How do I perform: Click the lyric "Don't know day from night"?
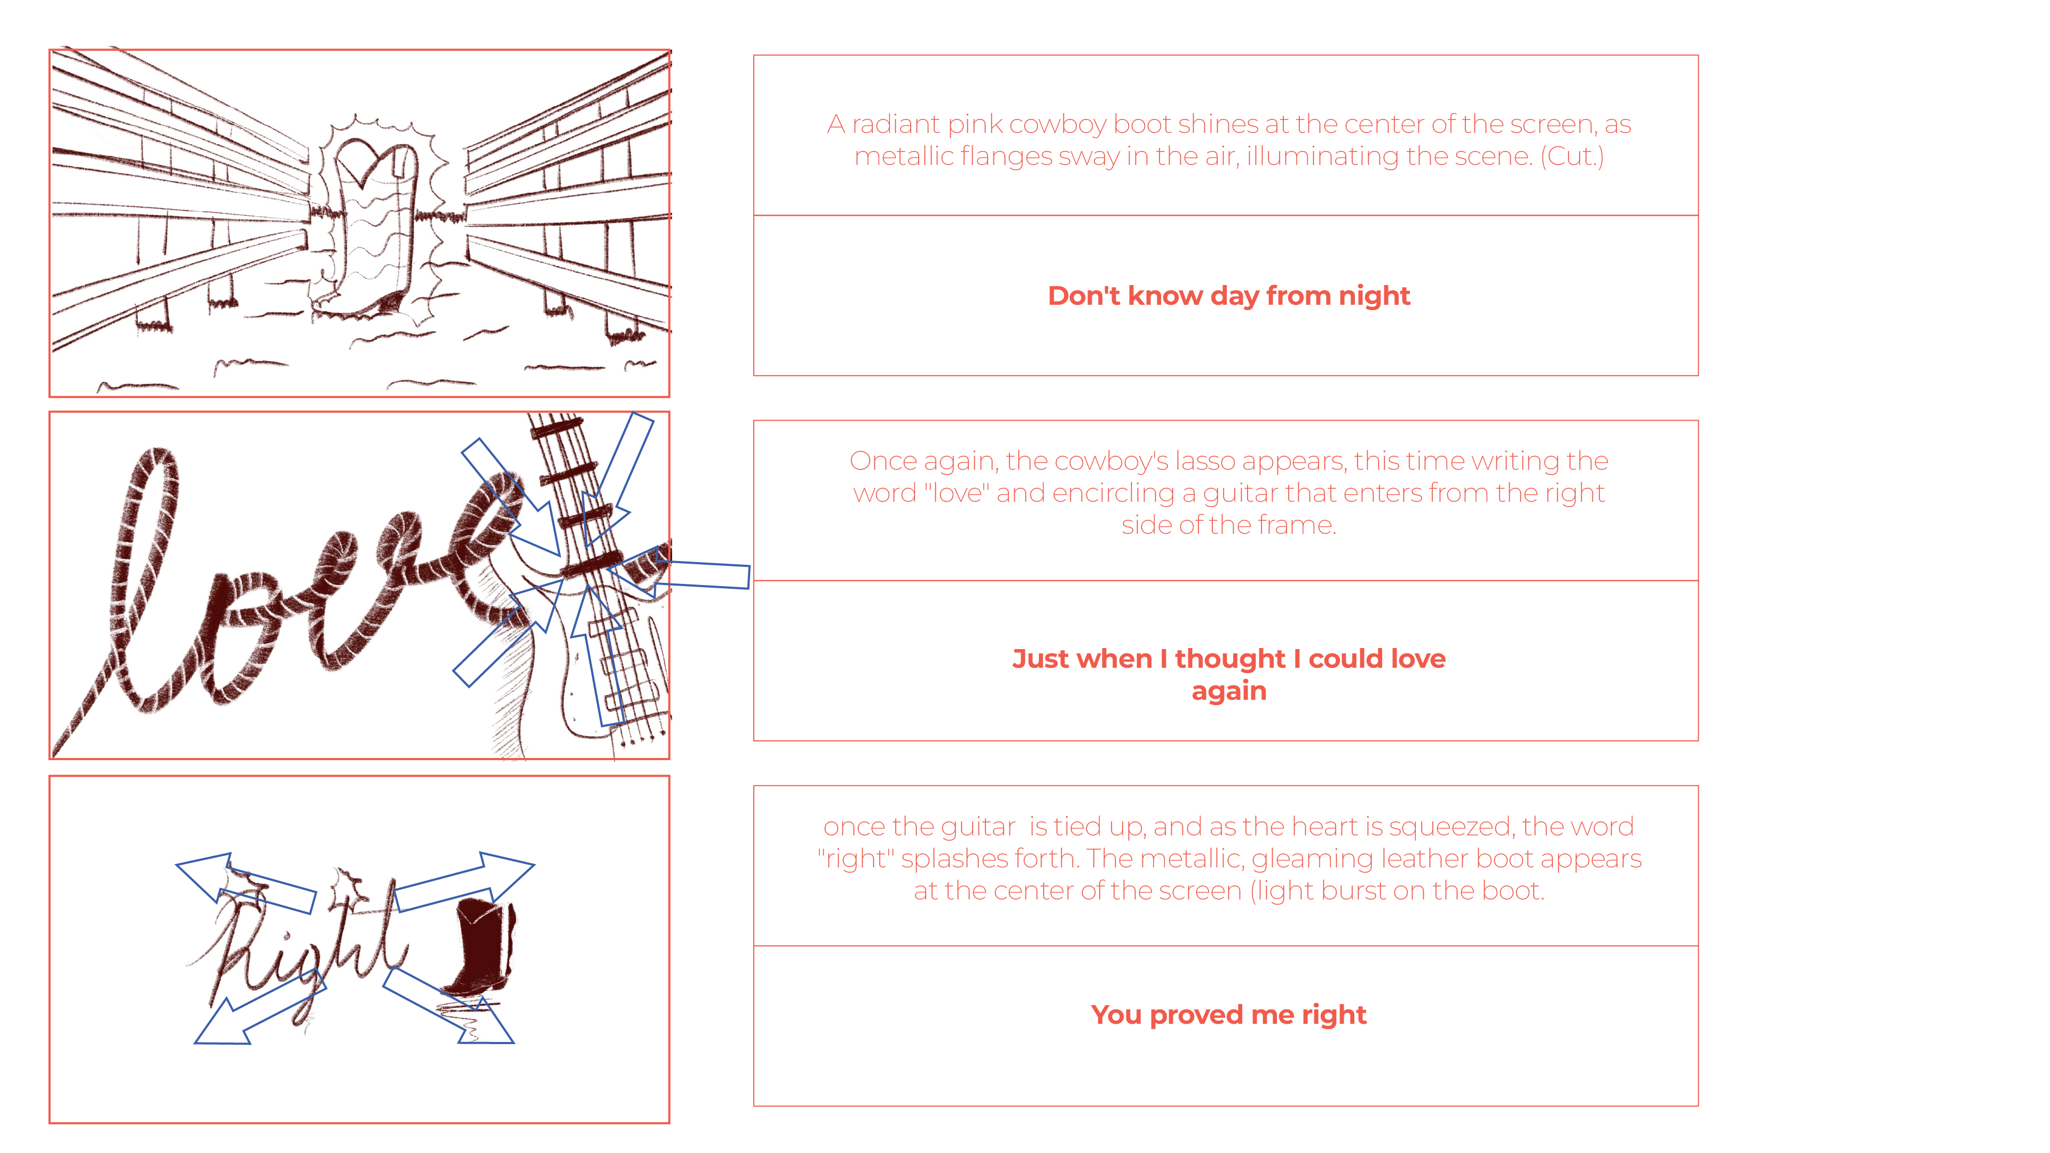click(x=1229, y=296)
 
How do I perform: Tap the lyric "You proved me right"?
click(x=1229, y=1015)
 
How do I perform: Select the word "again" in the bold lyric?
click(x=1229, y=691)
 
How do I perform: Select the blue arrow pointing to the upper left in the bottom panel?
click(x=245, y=883)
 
